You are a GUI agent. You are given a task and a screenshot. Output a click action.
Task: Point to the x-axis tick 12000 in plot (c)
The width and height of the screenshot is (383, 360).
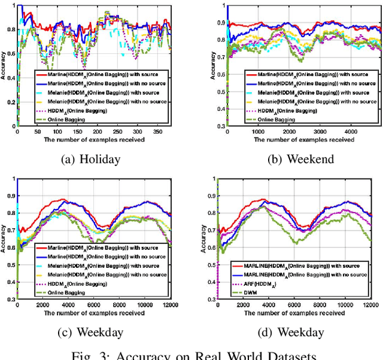tap(170, 304)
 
